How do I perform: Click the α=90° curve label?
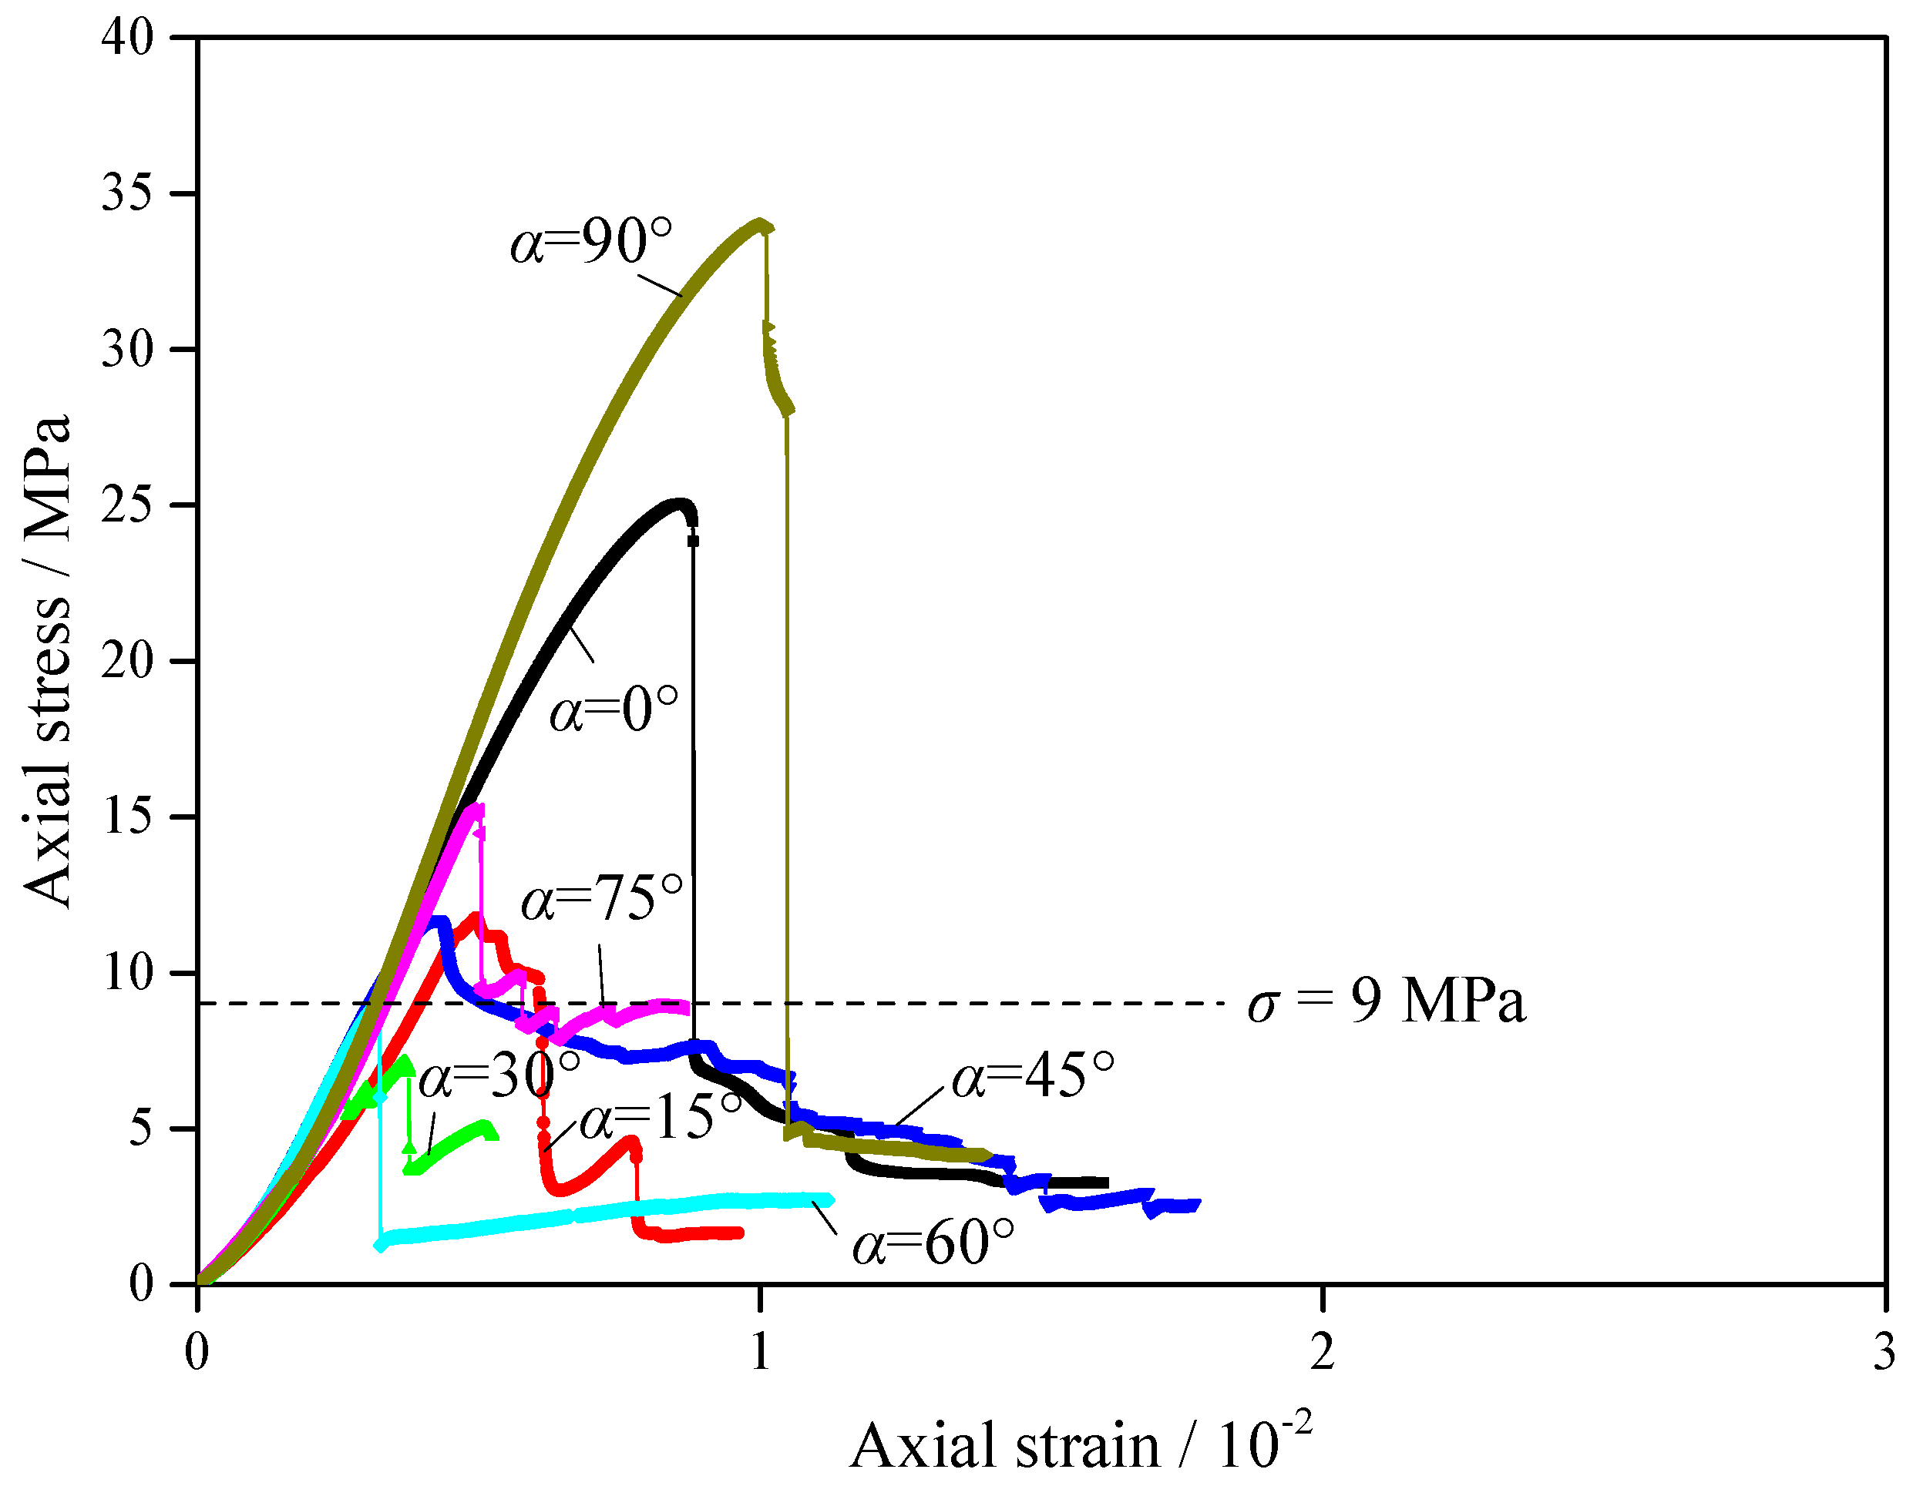coord(591,242)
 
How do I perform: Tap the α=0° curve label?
coord(614,710)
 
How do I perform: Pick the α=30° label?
coord(499,1075)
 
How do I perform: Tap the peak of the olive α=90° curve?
coord(761,223)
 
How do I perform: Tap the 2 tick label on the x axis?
coord(1323,1353)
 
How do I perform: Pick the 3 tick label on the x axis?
coord(1884,1353)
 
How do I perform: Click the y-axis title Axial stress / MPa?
coord(49,661)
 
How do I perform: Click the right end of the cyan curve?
coord(831,1200)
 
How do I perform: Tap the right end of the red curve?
coord(741,1233)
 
